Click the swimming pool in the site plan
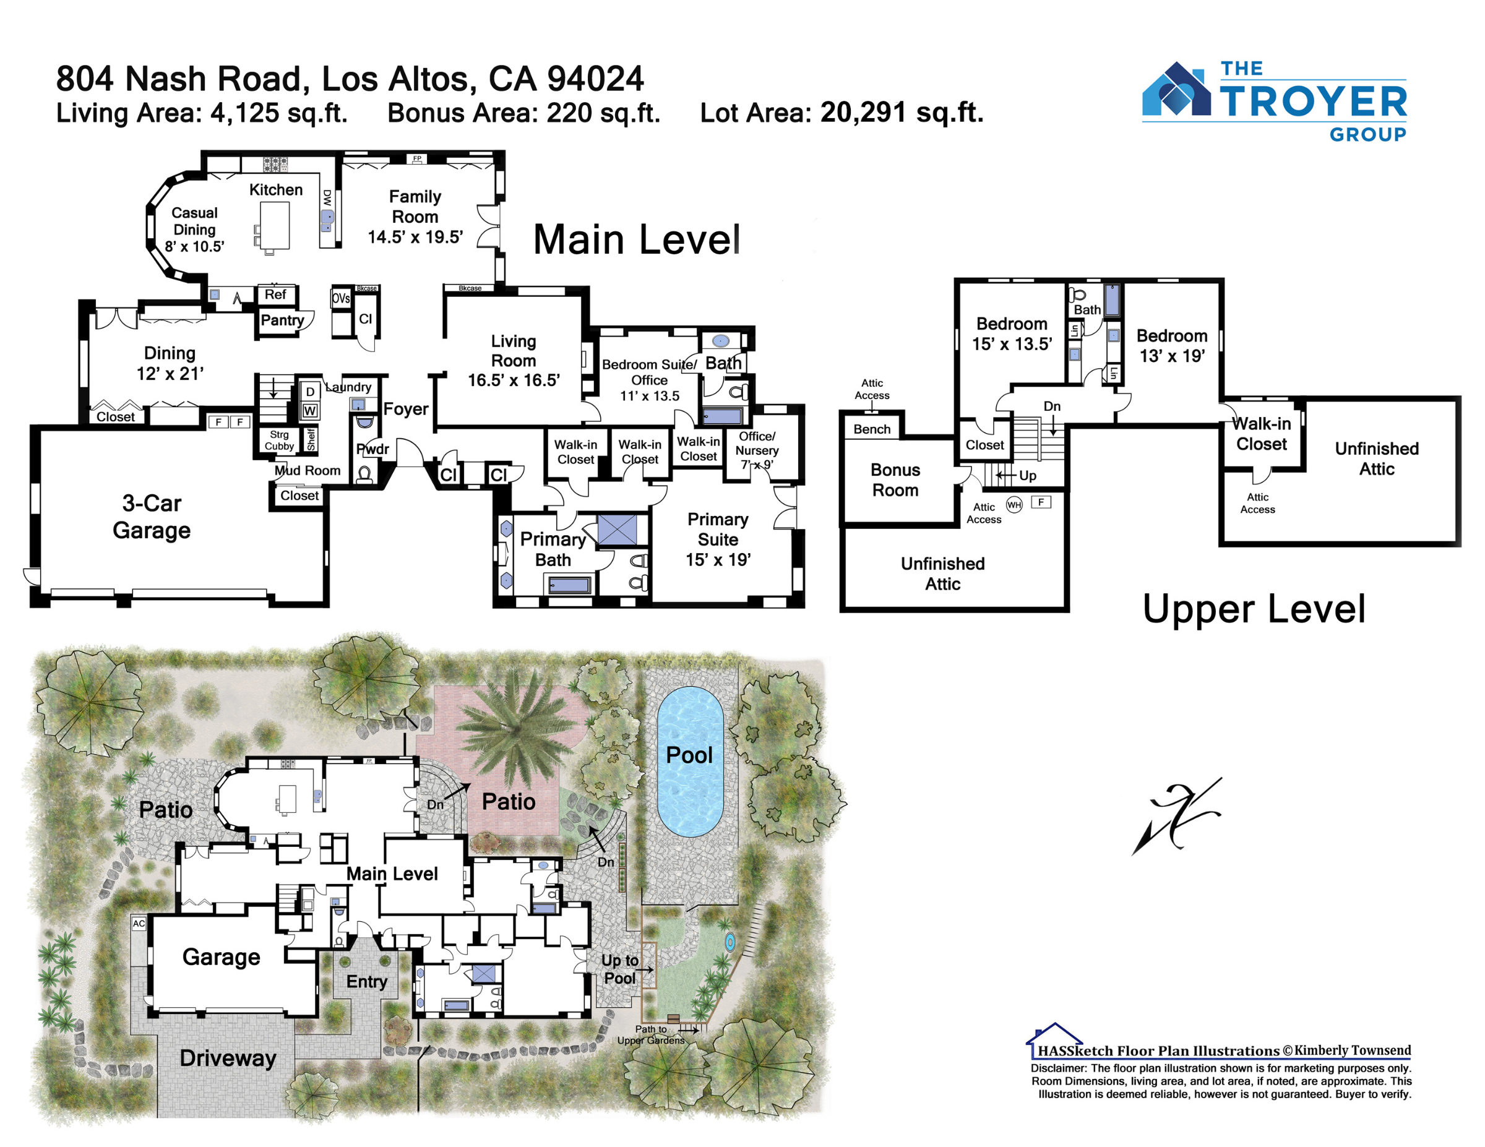pyautogui.click(x=689, y=761)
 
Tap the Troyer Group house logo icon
pyautogui.click(x=1176, y=89)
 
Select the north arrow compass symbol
pyautogui.click(x=1176, y=816)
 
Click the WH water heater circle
pyautogui.click(x=1014, y=504)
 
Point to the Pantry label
pyautogui.click(x=282, y=320)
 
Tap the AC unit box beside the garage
pyautogui.click(x=139, y=923)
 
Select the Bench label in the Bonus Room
pyautogui.click(x=872, y=429)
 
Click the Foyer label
pyautogui.click(x=406, y=408)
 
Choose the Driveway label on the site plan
pyautogui.click(x=228, y=1058)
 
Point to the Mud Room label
pyautogui.click(x=308, y=471)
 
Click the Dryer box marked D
pyautogui.click(x=310, y=391)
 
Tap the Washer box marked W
pyautogui.click(x=310, y=410)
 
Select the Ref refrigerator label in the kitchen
pyautogui.click(x=275, y=294)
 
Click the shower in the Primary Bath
pyautogui.click(x=617, y=530)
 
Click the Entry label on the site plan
pyautogui.click(x=366, y=981)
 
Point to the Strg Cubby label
pyautogui.click(x=280, y=440)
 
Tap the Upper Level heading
pyautogui.click(x=1254, y=609)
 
